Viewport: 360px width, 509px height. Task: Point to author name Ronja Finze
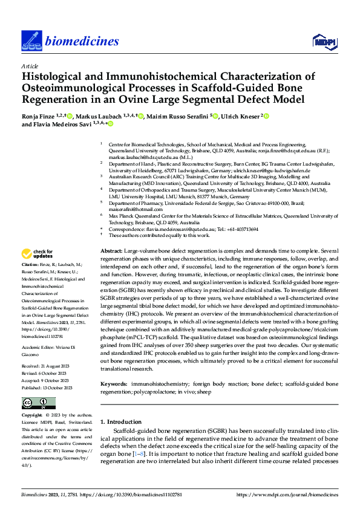coord(39,115)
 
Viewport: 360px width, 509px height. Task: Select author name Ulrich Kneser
coord(239,115)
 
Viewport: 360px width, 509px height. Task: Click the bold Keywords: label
coord(113,367)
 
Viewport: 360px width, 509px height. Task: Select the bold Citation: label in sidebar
coord(30,282)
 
